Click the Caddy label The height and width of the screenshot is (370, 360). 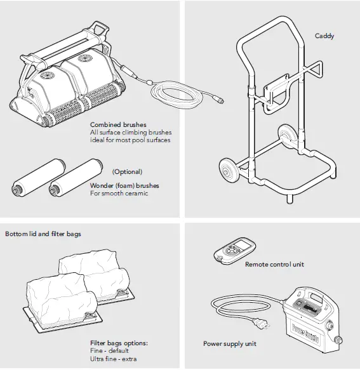pyautogui.click(x=325, y=36)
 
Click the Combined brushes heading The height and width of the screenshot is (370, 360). pyautogui.click(x=118, y=125)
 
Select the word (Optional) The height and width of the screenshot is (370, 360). pyautogui.click(x=127, y=172)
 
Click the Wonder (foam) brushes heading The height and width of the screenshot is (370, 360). pyautogui.click(x=124, y=186)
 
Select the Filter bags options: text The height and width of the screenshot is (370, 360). pyautogui.click(x=119, y=343)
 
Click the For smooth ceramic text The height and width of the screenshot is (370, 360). pyautogui.click(x=119, y=193)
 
